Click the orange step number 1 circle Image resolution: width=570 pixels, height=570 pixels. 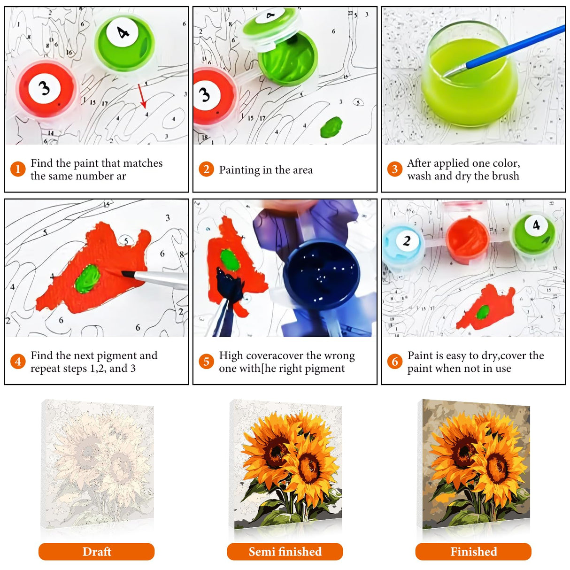point(18,169)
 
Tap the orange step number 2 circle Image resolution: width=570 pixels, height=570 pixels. point(206,169)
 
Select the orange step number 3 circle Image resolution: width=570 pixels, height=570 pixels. point(394,169)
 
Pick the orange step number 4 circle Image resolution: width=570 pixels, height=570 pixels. point(18,362)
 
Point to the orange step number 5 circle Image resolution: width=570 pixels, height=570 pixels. point(206,362)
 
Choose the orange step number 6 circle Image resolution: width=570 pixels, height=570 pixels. point(394,362)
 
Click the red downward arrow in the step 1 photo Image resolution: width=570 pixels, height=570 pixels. point(142,96)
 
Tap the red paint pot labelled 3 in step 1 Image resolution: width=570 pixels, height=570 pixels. point(46,89)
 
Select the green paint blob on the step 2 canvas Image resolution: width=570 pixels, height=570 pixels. point(331,127)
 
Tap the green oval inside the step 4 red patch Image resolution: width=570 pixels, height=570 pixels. point(87,278)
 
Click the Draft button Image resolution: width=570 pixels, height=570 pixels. point(96,552)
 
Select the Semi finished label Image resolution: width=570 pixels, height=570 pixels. point(285,552)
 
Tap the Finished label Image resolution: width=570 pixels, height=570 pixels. point(473,552)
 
